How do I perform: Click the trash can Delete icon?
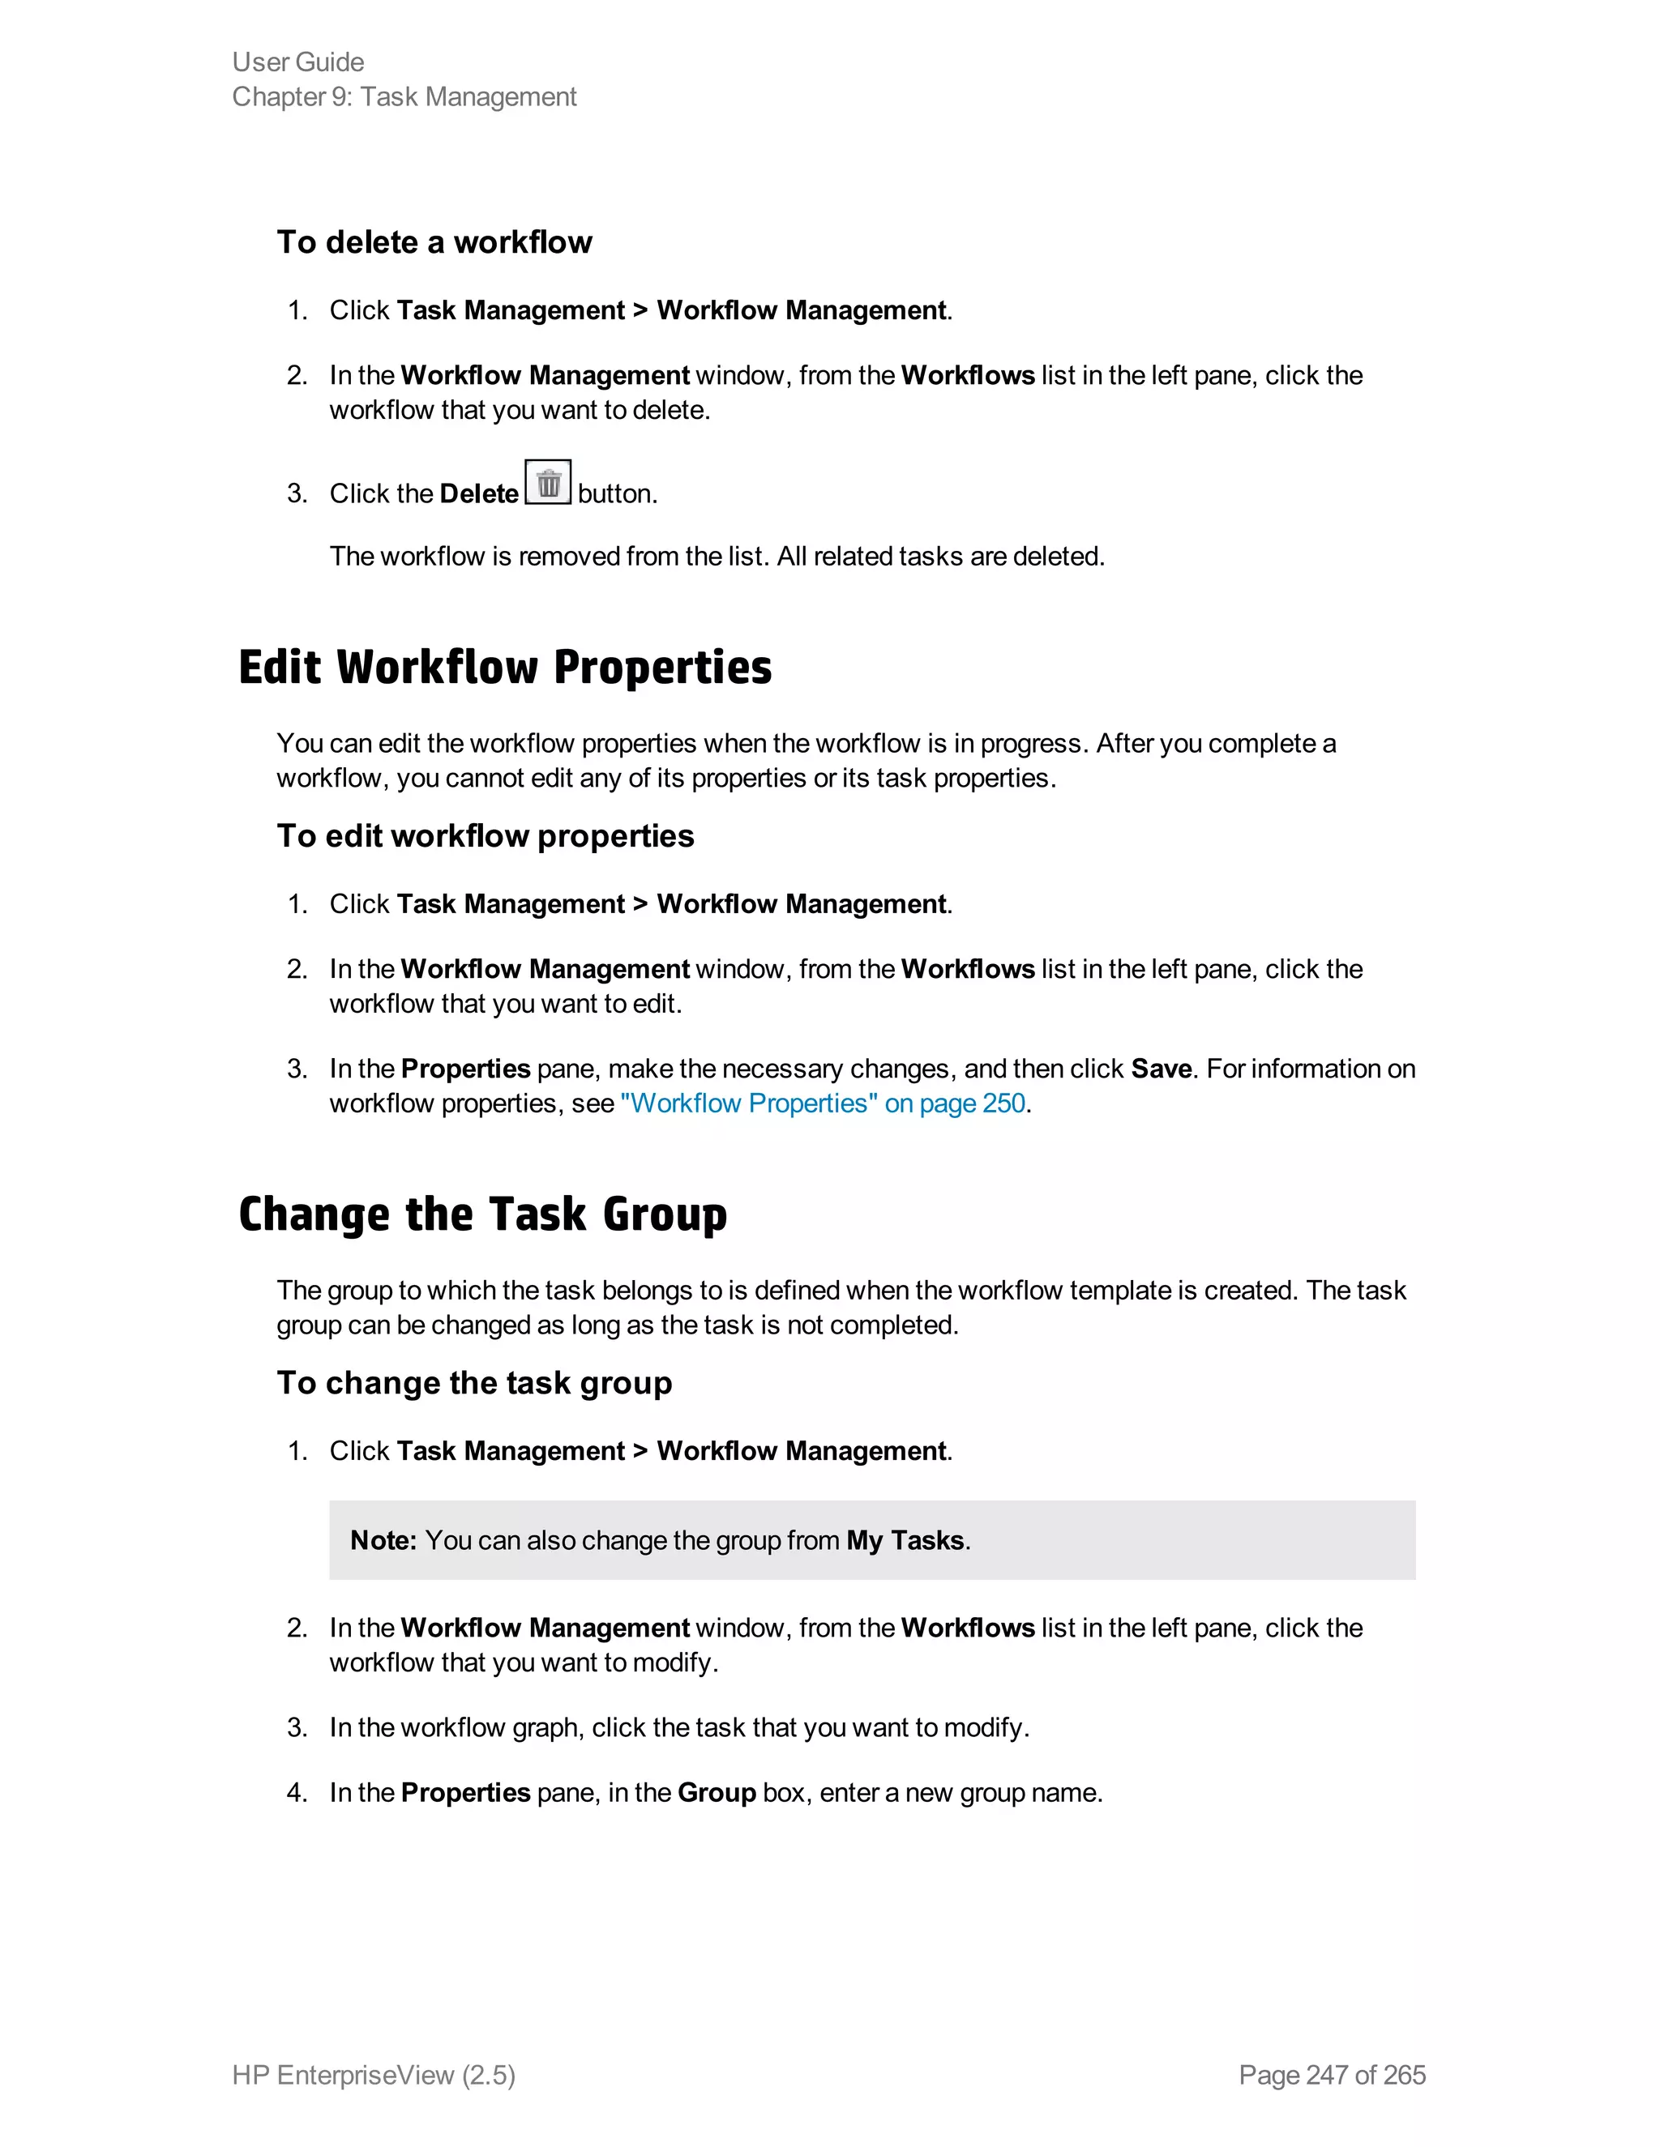click(548, 483)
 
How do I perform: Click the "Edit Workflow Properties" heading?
click(504, 668)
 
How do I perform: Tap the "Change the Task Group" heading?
click(482, 1214)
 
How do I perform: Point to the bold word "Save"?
click(1161, 1069)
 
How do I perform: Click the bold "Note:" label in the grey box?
click(383, 1539)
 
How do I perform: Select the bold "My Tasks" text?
click(905, 1539)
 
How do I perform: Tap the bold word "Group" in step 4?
click(716, 1792)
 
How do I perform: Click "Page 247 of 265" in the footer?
click(1332, 2074)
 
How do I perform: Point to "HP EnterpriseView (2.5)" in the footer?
click(374, 2074)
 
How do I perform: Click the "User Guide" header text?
click(298, 62)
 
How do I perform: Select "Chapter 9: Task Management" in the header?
click(404, 96)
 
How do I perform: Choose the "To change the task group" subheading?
click(474, 1382)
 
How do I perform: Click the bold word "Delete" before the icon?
click(479, 493)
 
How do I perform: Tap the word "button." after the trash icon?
click(618, 493)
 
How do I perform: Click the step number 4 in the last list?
click(296, 1792)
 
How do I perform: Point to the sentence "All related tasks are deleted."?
click(940, 557)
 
